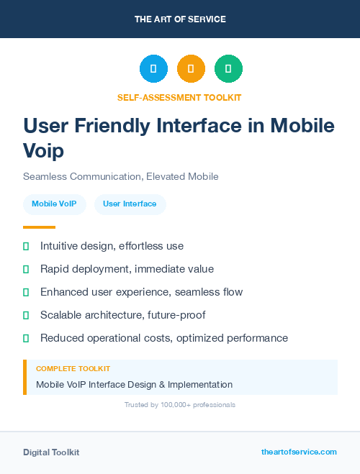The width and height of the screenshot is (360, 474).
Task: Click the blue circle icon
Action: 153,68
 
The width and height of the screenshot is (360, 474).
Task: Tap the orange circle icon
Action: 191,68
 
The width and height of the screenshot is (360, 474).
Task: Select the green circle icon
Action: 228,68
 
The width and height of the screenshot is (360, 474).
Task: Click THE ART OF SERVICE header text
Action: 180,19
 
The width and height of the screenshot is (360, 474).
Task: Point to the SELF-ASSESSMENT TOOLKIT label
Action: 179,97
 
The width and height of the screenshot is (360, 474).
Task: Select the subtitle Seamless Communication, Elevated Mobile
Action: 120,176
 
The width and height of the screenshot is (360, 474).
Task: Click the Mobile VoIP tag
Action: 55,204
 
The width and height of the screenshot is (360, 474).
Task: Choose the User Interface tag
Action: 130,204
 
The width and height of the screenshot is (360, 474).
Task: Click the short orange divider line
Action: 39,227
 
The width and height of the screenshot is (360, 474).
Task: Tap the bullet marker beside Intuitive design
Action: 26,246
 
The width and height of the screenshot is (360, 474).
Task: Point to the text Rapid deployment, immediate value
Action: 127,269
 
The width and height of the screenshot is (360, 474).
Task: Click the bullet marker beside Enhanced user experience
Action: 26,292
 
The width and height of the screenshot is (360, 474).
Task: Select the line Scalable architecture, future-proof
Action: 122,315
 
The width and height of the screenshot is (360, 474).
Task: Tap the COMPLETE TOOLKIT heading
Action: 73,369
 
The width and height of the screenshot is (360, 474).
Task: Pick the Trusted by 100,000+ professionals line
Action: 179,405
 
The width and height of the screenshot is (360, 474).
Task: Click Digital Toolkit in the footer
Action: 51,452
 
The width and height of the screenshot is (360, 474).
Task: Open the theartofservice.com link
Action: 299,452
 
